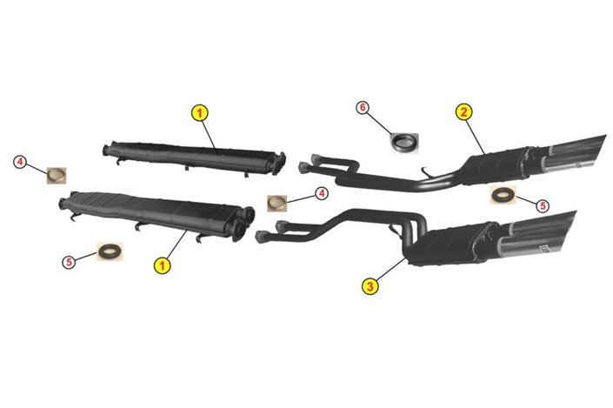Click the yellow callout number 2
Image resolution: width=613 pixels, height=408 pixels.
tap(463, 112)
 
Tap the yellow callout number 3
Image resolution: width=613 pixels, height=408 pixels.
tap(370, 286)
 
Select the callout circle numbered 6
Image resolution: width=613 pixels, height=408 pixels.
tap(363, 108)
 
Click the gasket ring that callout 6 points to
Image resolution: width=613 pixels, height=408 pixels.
tap(404, 144)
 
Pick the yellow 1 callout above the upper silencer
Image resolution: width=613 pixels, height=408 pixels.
tap(200, 113)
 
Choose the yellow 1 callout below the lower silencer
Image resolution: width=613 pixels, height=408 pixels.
tap(163, 266)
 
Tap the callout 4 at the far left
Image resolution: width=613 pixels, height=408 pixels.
tap(20, 162)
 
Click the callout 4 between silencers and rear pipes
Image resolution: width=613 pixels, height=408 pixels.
tap(322, 193)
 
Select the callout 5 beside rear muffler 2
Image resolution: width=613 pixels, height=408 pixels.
tap(543, 206)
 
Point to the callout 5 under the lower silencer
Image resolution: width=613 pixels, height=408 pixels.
tap(69, 262)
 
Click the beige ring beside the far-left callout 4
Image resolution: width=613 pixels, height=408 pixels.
tap(57, 176)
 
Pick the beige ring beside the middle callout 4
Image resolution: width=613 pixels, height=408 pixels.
tap(277, 204)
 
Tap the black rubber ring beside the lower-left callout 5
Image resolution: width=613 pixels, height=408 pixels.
tap(110, 251)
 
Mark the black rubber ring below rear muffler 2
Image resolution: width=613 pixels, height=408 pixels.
tap(503, 195)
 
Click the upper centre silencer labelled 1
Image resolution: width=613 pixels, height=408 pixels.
tap(194, 158)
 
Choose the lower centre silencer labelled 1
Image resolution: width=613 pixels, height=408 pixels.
tap(157, 216)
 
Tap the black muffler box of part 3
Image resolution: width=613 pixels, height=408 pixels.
tap(447, 244)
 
